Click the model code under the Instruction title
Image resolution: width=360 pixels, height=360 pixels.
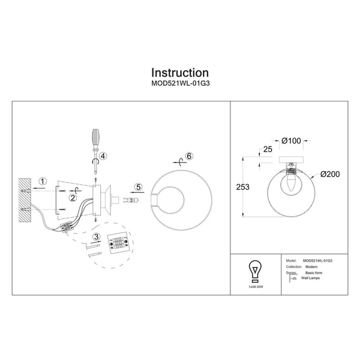point(179,85)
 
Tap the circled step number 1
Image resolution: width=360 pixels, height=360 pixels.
point(43,181)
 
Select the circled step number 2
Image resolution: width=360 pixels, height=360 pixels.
point(73,197)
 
